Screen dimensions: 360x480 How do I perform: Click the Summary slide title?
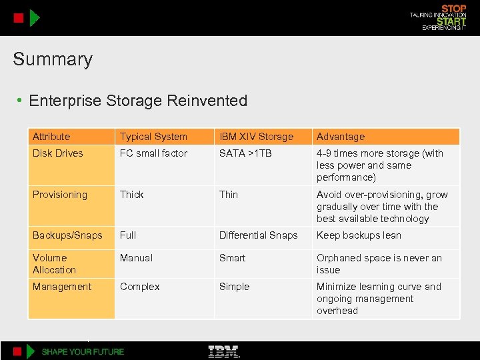point(53,59)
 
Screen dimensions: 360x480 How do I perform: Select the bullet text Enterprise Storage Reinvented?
point(138,101)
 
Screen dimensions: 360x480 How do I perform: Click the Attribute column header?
point(51,137)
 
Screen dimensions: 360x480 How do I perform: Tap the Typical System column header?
point(153,137)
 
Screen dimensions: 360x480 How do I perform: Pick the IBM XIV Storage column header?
point(256,137)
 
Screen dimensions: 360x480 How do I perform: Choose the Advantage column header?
point(341,137)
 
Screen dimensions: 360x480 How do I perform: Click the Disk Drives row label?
point(58,153)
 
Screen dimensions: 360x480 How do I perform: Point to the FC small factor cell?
point(154,153)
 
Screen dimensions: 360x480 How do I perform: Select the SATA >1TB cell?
point(245,153)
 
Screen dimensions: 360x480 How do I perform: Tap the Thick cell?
point(132,195)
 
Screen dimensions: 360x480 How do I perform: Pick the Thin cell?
point(229,195)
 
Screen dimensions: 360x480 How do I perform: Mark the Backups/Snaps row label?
point(67,235)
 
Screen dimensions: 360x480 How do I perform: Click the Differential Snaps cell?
point(259,235)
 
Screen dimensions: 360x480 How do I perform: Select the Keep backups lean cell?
point(359,235)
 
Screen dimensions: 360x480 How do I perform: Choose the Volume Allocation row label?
point(54,264)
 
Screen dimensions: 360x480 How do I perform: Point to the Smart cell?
point(233,258)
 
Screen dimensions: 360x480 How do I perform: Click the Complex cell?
point(140,287)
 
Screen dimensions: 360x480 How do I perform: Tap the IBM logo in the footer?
point(224,351)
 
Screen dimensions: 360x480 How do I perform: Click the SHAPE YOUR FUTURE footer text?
point(83,351)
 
